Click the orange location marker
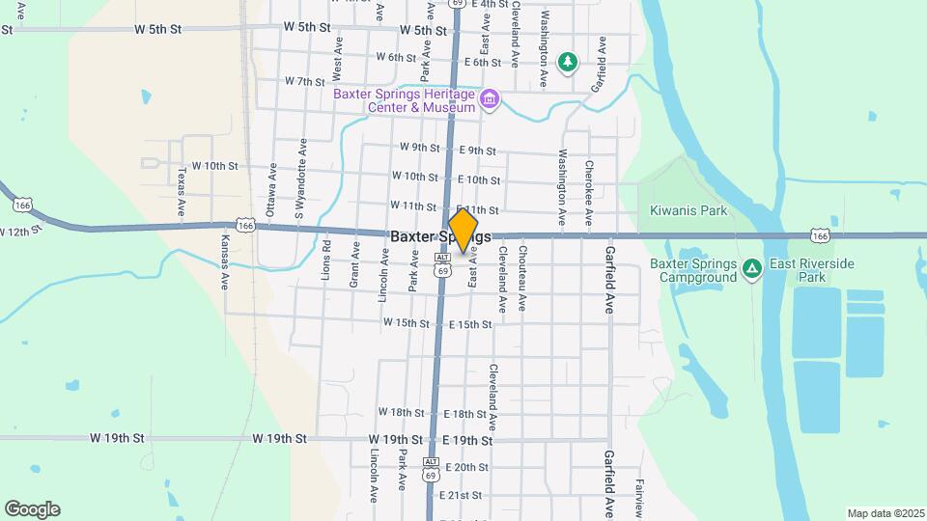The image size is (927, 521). (x=463, y=232)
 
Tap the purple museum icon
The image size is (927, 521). (x=491, y=99)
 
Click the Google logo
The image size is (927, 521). (x=32, y=509)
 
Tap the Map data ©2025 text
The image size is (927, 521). (x=885, y=513)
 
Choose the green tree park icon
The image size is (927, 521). (x=569, y=62)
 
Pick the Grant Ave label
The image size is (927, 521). (x=354, y=264)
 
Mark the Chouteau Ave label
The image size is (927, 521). (x=522, y=278)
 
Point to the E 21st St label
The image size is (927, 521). (x=461, y=496)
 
